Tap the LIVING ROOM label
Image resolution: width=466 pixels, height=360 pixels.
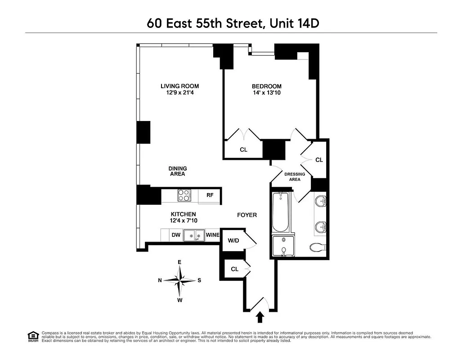[x=180, y=86]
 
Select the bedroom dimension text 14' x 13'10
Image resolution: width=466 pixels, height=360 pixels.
[x=266, y=93]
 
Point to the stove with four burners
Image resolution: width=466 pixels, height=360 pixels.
[x=184, y=195]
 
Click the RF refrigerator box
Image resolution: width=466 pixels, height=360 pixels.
[x=210, y=195]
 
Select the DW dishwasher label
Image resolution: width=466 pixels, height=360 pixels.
[x=175, y=235]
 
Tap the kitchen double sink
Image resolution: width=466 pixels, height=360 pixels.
[x=194, y=235]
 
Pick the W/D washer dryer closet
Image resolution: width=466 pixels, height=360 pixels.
[x=233, y=240]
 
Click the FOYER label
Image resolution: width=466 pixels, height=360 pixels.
[x=247, y=215]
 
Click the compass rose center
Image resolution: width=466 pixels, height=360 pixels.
[x=180, y=280]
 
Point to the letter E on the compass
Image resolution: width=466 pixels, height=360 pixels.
[x=179, y=262]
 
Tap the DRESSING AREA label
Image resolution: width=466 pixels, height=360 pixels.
[x=295, y=176]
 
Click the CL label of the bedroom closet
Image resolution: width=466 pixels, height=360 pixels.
[x=243, y=150]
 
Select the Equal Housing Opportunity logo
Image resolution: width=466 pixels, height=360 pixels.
[x=33, y=336]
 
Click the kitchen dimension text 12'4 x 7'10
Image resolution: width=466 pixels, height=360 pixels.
[x=183, y=220]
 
